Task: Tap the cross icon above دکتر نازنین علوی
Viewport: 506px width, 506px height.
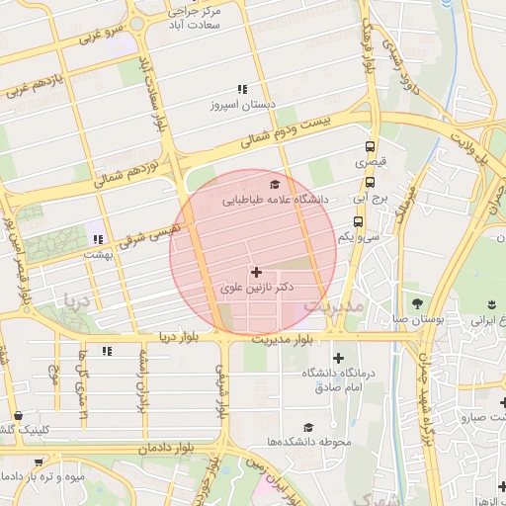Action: click(257, 271)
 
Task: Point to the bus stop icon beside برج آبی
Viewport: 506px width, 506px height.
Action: click(371, 182)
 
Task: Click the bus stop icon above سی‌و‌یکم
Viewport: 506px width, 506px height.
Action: click(358, 222)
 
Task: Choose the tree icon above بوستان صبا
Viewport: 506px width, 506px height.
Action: click(416, 302)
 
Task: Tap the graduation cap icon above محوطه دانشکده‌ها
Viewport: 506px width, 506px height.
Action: click(309, 427)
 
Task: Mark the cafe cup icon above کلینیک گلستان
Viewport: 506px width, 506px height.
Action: click(19, 416)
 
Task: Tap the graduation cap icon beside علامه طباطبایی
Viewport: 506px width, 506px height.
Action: click(274, 184)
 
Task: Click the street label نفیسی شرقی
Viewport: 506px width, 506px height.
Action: click(149, 234)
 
